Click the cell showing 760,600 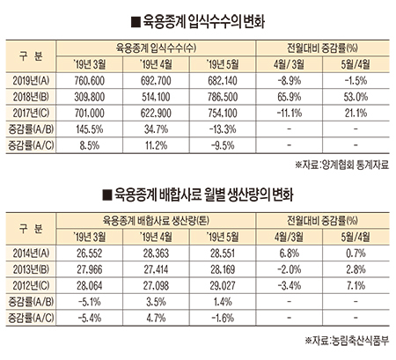(x=90, y=81)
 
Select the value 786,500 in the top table (x=223, y=97)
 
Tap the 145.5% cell (x=90, y=129)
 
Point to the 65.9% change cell (x=290, y=97)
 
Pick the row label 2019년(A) (x=31, y=81)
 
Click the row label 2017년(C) (x=31, y=113)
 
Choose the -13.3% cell (x=223, y=129)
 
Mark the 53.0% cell (x=356, y=97)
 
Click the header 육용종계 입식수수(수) (x=156, y=48)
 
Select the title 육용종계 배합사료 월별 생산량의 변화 (x=203, y=195)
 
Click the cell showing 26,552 (x=90, y=253)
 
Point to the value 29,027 (x=223, y=285)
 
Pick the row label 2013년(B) (x=31, y=269)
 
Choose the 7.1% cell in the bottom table (x=356, y=285)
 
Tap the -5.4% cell (x=90, y=318)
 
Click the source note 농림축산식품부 (x=360, y=341)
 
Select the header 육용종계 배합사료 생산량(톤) (x=156, y=220)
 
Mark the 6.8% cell (x=290, y=253)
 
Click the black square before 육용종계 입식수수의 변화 (x=136, y=23)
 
